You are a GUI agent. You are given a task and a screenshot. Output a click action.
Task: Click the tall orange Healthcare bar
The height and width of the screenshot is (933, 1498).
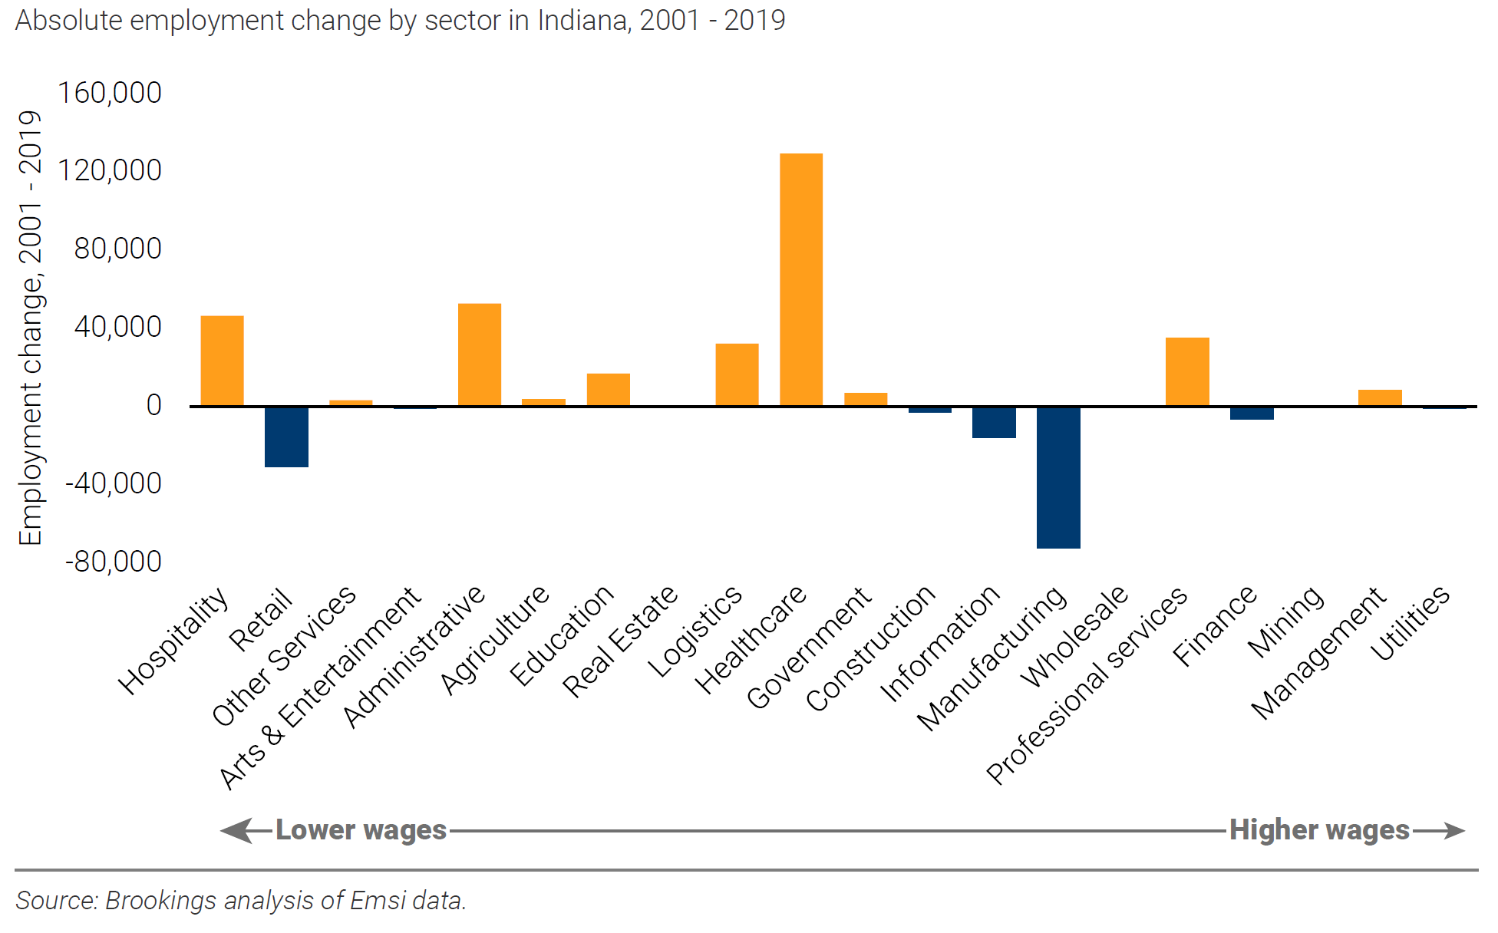[800, 279]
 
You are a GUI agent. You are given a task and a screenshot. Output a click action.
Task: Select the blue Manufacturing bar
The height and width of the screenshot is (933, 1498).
[1058, 477]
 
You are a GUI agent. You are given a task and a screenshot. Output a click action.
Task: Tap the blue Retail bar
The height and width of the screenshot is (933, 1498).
[286, 437]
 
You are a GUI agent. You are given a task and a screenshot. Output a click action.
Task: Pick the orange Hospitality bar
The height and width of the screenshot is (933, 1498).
[222, 361]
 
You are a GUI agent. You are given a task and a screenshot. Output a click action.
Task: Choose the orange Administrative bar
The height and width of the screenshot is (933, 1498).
[480, 354]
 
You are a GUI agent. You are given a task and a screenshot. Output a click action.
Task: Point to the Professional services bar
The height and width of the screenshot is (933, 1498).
[1187, 371]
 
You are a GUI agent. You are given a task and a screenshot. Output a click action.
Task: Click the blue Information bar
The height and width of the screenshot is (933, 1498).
[994, 422]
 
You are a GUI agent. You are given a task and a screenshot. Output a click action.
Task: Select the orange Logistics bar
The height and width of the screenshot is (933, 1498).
[737, 374]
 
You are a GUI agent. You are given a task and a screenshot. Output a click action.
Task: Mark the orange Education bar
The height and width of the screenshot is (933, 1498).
[608, 389]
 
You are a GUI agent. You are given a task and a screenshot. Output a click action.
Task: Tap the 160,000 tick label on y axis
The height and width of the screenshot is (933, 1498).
[110, 93]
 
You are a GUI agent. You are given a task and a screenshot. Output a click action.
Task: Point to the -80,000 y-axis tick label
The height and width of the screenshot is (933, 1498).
[113, 562]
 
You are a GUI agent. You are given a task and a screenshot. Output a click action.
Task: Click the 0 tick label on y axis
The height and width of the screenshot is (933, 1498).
[153, 405]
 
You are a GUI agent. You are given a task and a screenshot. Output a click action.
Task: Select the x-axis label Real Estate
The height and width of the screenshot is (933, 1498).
[620, 641]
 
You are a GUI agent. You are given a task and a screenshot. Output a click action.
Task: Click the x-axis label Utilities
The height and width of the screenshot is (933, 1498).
[1411, 622]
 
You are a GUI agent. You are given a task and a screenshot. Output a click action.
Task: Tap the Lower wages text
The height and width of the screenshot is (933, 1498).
[361, 830]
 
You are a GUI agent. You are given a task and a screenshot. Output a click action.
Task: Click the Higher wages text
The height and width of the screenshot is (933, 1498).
[1319, 830]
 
